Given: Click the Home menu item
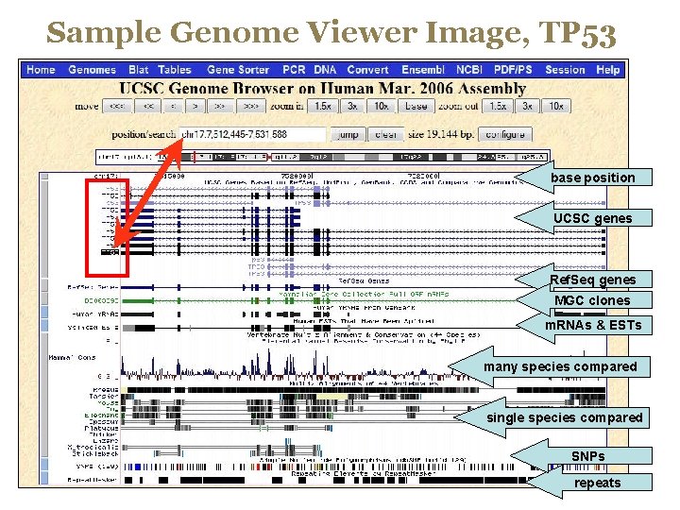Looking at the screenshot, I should point(41,70).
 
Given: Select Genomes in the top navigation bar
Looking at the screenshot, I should point(92,70).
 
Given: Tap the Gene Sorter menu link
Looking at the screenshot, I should point(238,70).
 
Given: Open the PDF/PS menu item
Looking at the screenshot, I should point(513,70).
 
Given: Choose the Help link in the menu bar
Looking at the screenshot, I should point(608,70).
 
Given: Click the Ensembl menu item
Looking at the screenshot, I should point(423,70).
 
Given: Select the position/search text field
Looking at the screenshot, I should point(251,134).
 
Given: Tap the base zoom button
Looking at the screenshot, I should point(416,107).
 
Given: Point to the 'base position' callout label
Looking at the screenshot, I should point(592,178).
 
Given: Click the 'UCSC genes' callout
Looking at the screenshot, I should point(592,218).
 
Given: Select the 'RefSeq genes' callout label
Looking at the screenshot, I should point(592,280).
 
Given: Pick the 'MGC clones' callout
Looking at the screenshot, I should point(592,300).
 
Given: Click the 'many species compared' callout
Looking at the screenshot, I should point(560,366).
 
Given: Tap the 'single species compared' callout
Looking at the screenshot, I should point(564,417).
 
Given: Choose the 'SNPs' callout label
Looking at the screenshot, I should point(587,456).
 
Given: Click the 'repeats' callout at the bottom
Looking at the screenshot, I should point(597,483).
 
